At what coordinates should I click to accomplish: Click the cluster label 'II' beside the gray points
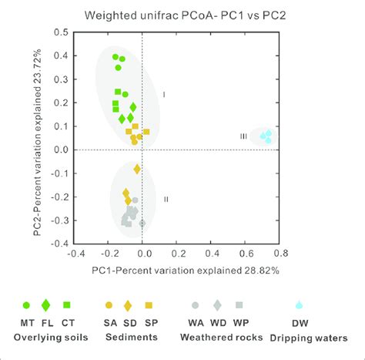(x=166, y=199)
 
